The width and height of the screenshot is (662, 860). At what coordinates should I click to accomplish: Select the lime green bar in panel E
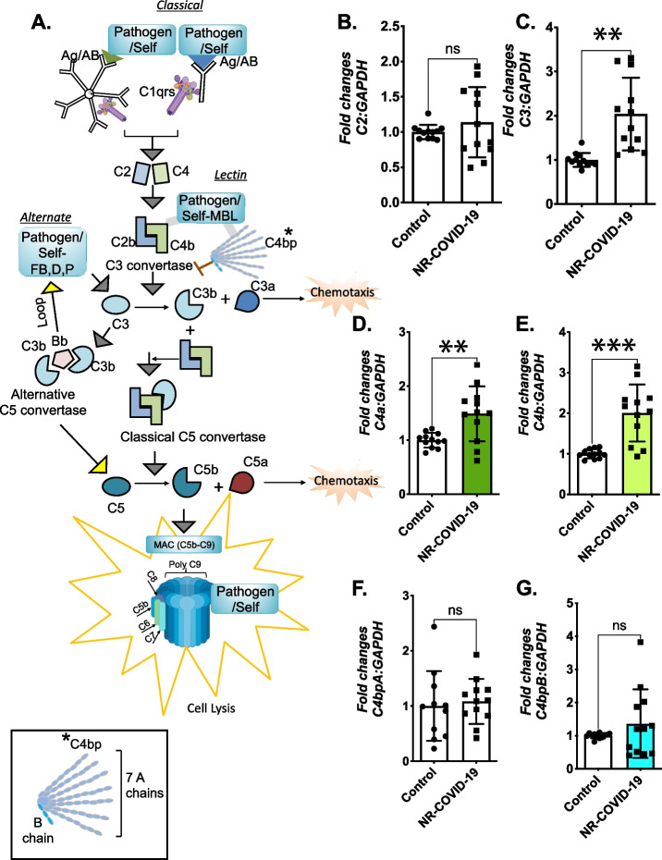[637, 454]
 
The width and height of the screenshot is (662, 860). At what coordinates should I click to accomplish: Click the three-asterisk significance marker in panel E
[614, 346]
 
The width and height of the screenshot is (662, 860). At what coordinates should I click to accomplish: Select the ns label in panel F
[455, 610]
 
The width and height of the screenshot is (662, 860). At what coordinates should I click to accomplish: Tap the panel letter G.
[528, 588]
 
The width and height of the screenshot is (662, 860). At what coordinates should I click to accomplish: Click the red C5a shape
[241, 481]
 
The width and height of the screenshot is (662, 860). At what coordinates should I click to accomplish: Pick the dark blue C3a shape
[247, 301]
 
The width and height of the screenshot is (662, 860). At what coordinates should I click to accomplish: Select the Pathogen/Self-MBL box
[212, 208]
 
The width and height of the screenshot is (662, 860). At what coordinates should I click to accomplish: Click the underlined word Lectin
[230, 175]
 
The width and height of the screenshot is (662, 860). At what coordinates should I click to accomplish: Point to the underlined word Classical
[180, 6]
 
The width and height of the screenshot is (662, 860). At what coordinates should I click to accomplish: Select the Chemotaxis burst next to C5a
[346, 481]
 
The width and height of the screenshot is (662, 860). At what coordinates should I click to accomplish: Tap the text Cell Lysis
[211, 708]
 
